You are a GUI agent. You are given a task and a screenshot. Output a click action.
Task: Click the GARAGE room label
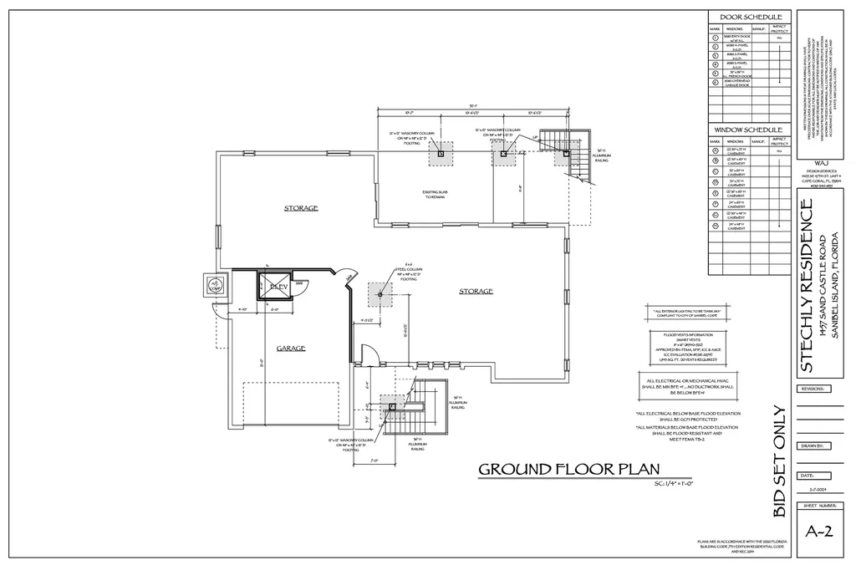click(x=292, y=348)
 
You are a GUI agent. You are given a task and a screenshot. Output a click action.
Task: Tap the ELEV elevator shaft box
click(x=277, y=287)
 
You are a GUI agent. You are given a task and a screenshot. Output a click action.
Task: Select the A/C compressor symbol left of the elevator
click(x=215, y=285)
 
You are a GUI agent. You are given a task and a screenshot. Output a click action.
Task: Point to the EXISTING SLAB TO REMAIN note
click(x=431, y=194)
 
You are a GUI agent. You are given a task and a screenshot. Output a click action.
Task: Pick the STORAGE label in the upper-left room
click(x=301, y=207)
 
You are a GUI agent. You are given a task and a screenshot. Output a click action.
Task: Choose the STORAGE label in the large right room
click(x=476, y=291)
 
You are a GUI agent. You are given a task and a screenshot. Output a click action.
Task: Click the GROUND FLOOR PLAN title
click(x=568, y=469)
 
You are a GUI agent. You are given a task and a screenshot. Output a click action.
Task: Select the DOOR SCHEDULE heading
click(x=750, y=17)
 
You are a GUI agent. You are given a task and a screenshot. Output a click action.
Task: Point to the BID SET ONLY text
click(x=779, y=462)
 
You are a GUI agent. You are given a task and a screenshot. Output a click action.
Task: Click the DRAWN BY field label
click(x=813, y=446)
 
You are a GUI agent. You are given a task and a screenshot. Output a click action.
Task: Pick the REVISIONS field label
click(x=813, y=389)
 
